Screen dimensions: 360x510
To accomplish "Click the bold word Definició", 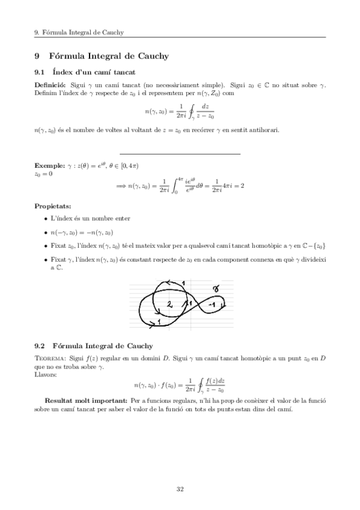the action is (x=50, y=87).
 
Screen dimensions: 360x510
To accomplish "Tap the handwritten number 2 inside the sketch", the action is (x=169, y=304).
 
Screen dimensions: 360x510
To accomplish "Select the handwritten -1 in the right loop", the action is (x=211, y=304).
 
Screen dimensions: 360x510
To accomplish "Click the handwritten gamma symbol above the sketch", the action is (x=216, y=290).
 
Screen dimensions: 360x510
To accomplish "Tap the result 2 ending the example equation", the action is (x=242, y=186).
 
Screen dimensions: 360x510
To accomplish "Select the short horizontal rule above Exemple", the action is (x=180, y=153).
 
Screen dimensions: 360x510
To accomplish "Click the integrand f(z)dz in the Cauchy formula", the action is (x=214, y=380).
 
